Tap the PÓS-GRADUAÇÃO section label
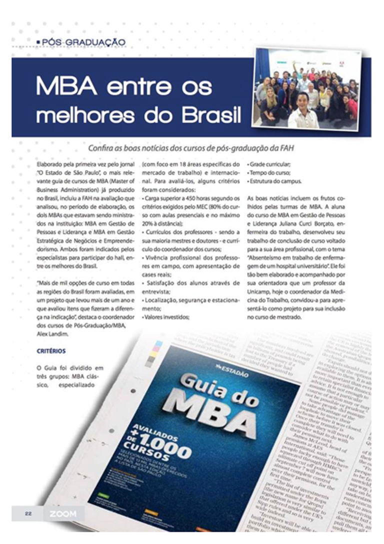pos(83,42)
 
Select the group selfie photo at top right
pos(306,88)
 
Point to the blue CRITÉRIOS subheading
pos(51,351)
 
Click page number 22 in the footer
pos(28,513)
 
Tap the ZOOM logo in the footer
pos(63,513)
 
